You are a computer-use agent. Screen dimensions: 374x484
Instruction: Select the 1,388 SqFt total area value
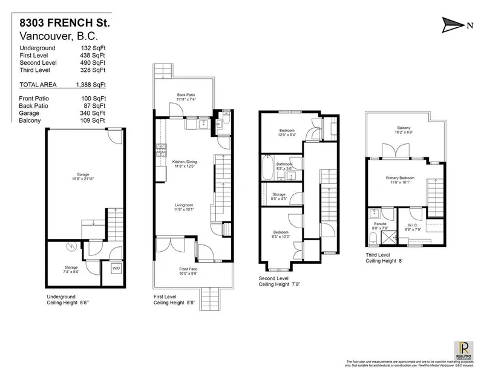93,85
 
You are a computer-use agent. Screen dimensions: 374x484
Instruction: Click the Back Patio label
186,97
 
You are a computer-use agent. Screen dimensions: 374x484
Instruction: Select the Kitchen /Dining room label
185,165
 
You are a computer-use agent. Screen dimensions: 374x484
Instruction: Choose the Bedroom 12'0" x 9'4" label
287,133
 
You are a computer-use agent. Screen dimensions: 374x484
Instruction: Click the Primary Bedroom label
399,180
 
